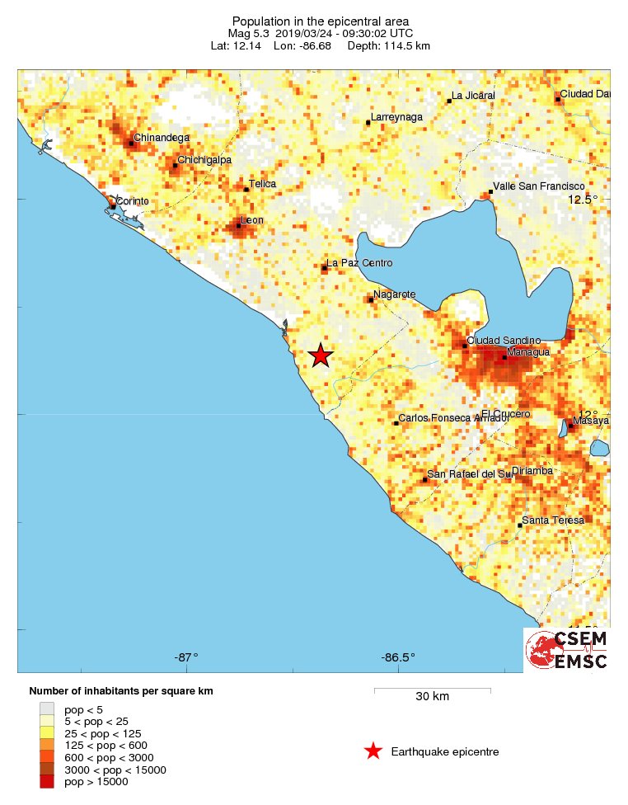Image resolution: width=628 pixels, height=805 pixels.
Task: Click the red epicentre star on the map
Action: pos(321,355)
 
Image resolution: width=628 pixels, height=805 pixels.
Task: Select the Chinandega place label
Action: pos(162,138)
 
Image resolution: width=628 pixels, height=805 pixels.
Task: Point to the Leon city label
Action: pos(252,220)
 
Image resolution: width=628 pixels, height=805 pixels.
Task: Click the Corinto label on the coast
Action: pos(133,201)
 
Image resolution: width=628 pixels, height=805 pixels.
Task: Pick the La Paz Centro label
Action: pos(359,263)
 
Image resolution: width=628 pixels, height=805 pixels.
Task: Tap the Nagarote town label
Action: pos(395,294)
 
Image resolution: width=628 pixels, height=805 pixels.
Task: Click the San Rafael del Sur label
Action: pos(470,474)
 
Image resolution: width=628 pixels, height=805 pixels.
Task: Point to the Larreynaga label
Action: pos(396,118)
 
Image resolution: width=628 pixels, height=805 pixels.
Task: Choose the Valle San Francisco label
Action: pos(538,187)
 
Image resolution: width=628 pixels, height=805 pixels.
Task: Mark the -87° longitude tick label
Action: pos(186,657)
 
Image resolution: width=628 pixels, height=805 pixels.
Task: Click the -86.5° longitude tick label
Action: pos(398,657)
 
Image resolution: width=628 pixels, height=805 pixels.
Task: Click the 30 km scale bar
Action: pos(432,690)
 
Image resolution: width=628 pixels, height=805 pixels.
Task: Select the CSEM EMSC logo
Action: pos(567,650)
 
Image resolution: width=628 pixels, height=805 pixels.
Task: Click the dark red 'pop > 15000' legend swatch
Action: pos(47,781)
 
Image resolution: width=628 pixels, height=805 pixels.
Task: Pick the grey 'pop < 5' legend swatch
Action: pos(47,708)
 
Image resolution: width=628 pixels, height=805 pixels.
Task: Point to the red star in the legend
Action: pos(373,751)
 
